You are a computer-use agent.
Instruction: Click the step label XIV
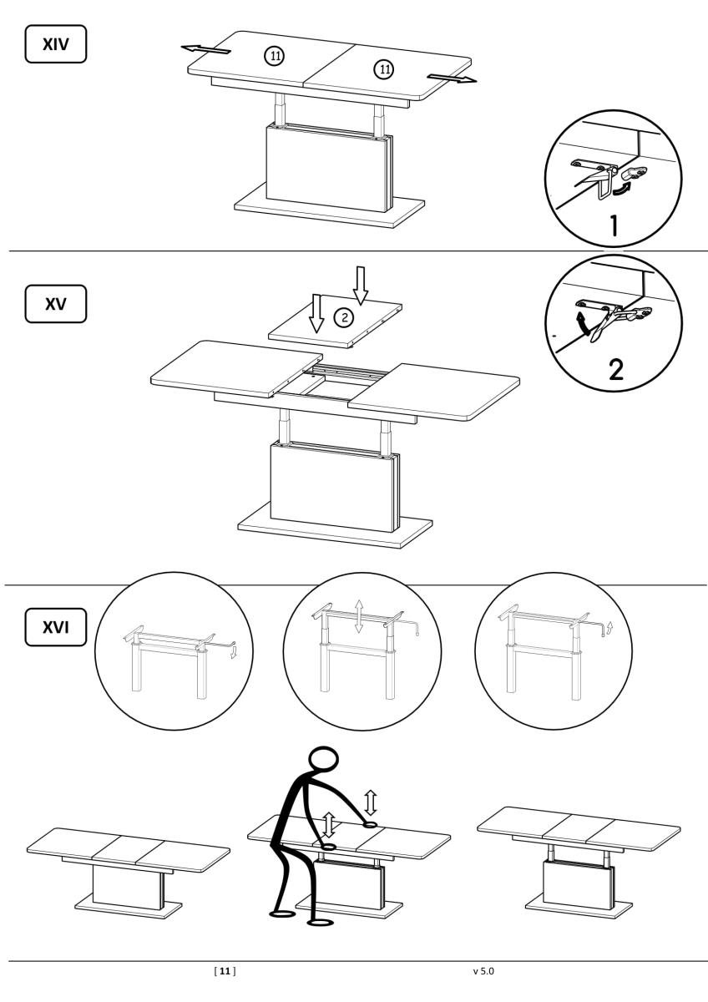pyautogui.click(x=55, y=43)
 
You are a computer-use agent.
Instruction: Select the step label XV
pyautogui.click(x=55, y=304)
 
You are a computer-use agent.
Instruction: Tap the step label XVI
pyautogui.click(x=55, y=627)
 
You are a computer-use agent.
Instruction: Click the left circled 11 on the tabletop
pyautogui.click(x=274, y=56)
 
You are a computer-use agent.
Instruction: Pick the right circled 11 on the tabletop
pyautogui.click(x=384, y=69)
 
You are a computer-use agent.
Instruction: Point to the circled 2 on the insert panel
pyautogui.click(x=344, y=317)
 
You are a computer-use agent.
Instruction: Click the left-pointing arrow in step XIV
pyautogui.click(x=205, y=48)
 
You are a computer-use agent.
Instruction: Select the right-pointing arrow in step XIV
pyautogui.click(x=452, y=78)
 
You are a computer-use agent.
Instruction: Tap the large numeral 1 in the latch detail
pyautogui.click(x=614, y=225)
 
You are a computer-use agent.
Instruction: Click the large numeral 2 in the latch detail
pyautogui.click(x=615, y=369)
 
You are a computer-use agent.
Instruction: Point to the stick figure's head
pyautogui.click(x=323, y=760)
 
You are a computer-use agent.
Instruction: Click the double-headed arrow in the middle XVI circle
pyautogui.click(x=358, y=617)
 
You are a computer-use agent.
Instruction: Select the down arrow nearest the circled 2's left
pyautogui.click(x=316, y=313)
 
